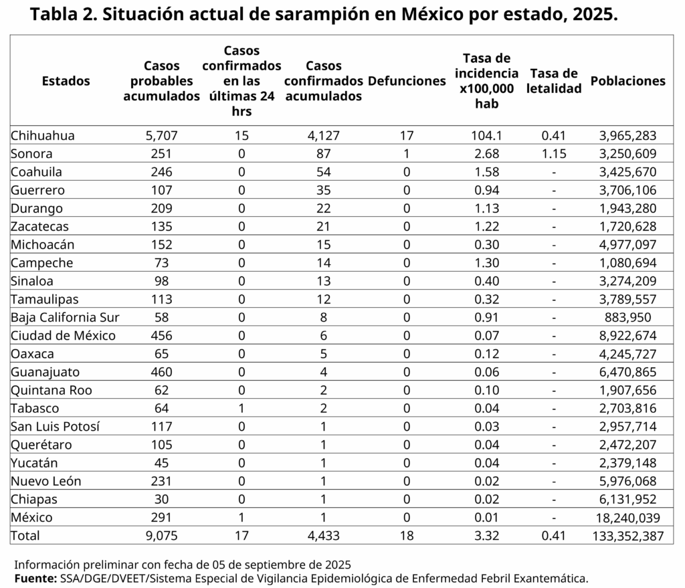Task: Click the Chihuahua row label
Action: pyautogui.click(x=42, y=136)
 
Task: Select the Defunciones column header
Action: pyautogui.click(x=407, y=81)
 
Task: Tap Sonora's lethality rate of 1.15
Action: pyautogui.click(x=554, y=154)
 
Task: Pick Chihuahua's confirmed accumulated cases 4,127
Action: pyautogui.click(x=324, y=136)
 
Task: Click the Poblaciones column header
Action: pyautogui.click(x=628, y=81)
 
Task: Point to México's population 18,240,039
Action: pyautogui.click(x=628, y=517)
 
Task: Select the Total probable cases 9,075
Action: pyautogui.click(x=162, y=535)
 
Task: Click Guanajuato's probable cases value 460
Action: pyautogui.click(x=162, y=372)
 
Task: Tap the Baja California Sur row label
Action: pyautogui.click(x=65, y=318)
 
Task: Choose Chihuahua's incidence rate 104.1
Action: pyautogui.click(x=487, y=136)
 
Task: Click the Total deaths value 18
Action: pyautogui.click(x=407, y=535)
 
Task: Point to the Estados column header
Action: pyautogui.click(x=66, y=81)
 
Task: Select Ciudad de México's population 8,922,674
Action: pyautogui.click(x=628, y=336)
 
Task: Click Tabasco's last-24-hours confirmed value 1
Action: pyautogui.click(x=241, y=408)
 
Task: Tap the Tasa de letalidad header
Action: pyautogui.click(x=554, y=81)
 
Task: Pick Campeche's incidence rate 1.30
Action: pyautogui.click(x=487, y=263)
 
